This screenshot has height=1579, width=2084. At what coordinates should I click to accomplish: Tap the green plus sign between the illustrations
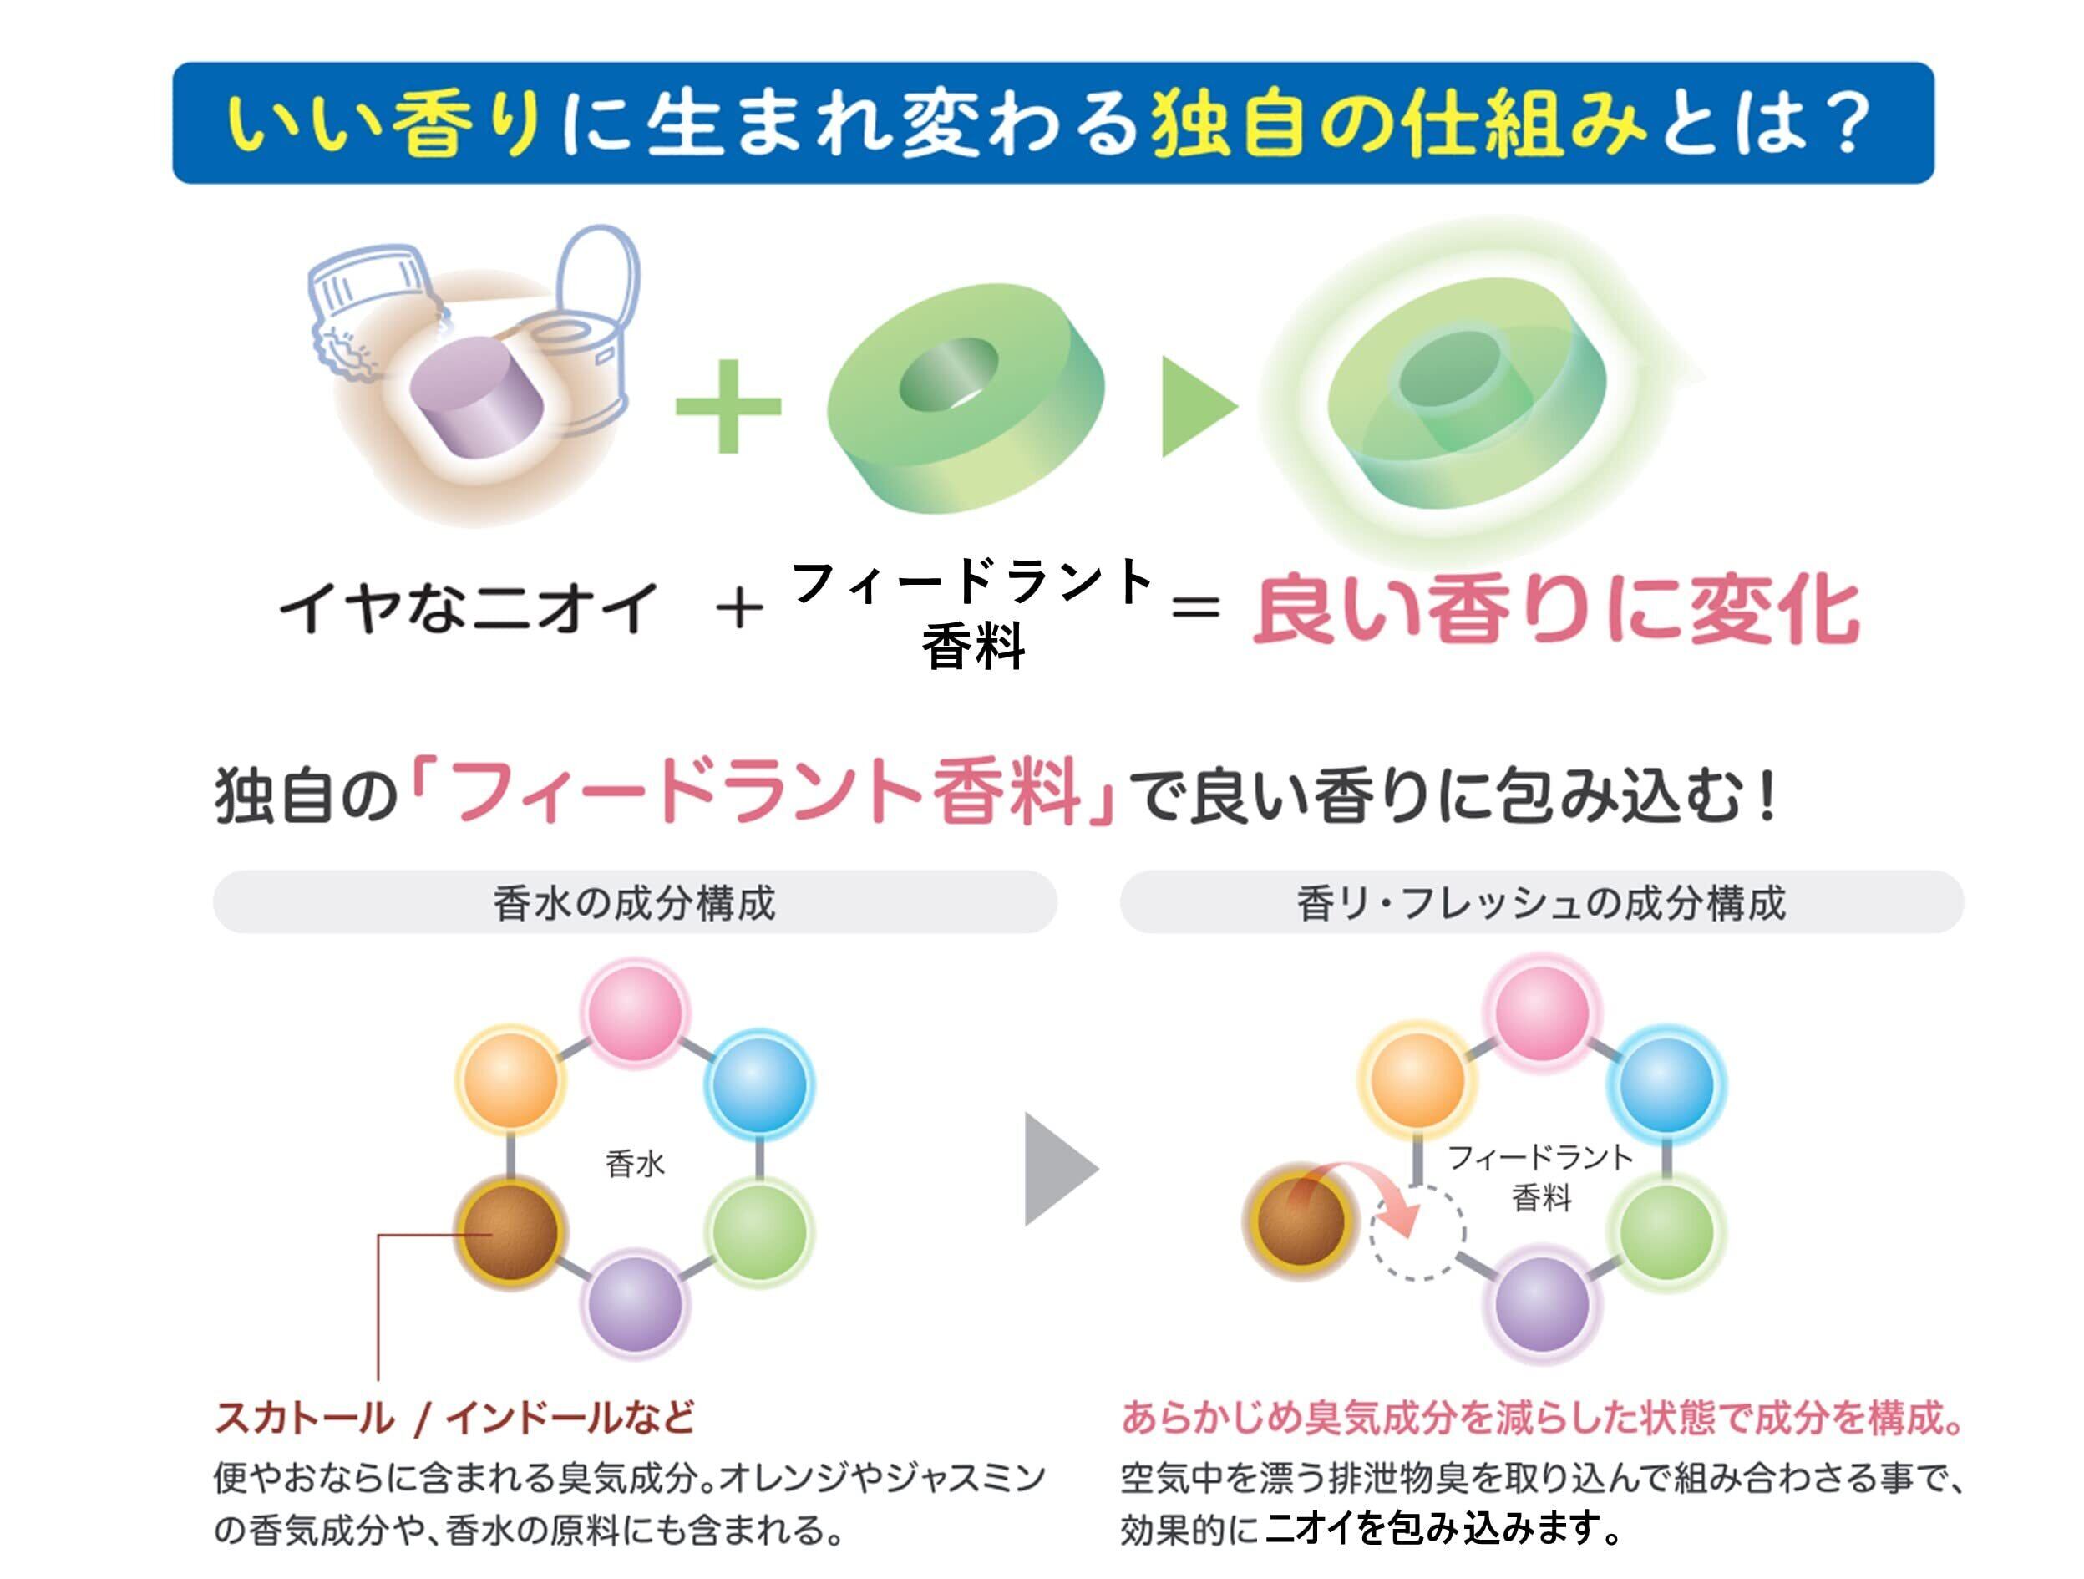tap(728, 406)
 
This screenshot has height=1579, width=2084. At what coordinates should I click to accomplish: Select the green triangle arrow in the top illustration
tap(1194, 406)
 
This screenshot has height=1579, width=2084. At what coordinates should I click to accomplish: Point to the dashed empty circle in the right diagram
tap(1417, 1231)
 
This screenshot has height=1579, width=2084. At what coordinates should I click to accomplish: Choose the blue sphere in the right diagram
tap(1666, 1084)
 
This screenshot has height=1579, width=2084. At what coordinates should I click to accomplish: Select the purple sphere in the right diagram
tap(1542, 1304)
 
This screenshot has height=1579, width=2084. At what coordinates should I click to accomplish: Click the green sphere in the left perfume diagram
tap(759, 1231)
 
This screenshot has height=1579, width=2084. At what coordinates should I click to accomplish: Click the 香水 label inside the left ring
tap(635, 1165)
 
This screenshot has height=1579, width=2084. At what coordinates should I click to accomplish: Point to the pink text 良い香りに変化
tap(1555, 612)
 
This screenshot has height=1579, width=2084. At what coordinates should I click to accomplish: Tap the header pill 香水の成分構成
tap(634, 902)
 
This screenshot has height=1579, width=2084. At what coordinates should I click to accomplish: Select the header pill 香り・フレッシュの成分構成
tap(1541, 902)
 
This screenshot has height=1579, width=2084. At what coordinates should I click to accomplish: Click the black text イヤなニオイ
tap(469, 607)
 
